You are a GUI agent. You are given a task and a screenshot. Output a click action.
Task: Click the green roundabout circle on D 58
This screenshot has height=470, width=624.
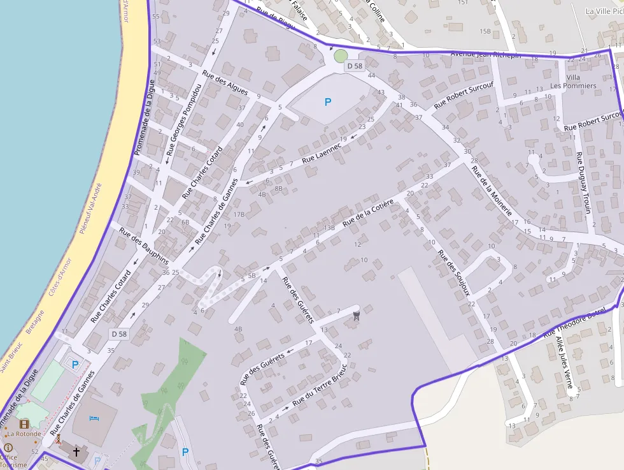341,56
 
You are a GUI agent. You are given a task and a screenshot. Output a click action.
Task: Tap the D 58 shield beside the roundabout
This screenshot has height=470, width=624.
354,66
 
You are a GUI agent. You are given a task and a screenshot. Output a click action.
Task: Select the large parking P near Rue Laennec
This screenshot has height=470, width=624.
328,101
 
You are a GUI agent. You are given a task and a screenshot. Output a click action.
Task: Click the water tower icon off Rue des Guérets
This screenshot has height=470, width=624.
356,314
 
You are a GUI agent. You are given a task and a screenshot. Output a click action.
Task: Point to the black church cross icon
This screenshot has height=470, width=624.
76,452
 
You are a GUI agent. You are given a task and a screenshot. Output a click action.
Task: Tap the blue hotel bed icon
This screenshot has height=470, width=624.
94,418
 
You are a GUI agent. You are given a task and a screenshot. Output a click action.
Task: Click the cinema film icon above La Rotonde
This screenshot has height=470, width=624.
24,424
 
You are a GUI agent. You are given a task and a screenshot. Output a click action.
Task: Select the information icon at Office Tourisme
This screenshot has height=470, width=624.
8,447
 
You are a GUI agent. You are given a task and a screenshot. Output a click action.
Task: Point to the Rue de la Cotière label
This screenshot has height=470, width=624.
369,213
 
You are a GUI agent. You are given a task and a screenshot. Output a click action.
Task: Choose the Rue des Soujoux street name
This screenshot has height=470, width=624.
454,273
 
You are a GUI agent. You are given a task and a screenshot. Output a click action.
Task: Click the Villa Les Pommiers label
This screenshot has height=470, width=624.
573,81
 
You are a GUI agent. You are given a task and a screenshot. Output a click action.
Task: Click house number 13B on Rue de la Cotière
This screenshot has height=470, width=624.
329,228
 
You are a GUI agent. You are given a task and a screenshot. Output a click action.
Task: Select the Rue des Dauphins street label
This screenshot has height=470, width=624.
144,247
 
